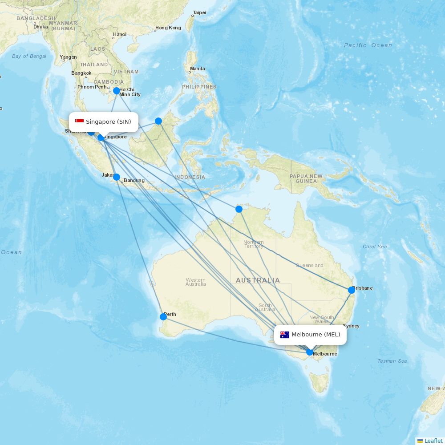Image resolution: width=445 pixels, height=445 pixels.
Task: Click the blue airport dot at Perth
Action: coord(163,317)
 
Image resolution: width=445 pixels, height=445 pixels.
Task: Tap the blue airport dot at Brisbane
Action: coord(352,290)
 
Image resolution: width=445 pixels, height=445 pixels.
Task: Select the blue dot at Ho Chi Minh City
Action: coord(117,91)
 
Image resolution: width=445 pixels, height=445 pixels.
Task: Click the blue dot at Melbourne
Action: coord(310,352)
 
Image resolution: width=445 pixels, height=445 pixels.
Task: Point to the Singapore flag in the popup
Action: coord(80,121)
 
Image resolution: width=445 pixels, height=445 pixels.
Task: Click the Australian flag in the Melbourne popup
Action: coord(285,335)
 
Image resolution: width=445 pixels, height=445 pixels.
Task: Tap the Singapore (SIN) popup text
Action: coord(109,122)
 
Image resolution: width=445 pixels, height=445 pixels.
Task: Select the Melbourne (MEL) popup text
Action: coord(316,335)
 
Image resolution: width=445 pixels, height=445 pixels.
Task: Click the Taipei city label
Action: coord(199,12)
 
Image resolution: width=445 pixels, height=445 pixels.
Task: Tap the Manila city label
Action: coord(198,69)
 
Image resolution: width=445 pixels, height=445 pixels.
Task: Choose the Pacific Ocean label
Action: coord(368,45)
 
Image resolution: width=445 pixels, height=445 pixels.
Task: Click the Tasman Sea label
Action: coord(392,361)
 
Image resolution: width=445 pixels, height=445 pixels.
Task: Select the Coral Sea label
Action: coord(375,247)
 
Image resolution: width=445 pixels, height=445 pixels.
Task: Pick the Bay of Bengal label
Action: coord(29,56)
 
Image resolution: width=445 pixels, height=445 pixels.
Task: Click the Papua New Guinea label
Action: coord(306,178)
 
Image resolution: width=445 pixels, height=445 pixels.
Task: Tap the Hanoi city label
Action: coord(120,34)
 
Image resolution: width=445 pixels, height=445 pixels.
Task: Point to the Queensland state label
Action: coord(310,266)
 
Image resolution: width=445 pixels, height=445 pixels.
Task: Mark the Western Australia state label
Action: coord(196,282)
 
